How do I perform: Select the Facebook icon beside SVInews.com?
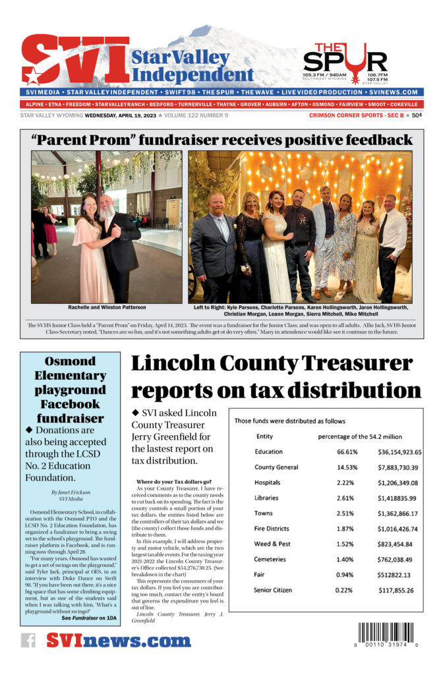point(28,640)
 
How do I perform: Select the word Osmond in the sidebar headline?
point(70,361)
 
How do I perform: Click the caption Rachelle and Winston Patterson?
point(106,307)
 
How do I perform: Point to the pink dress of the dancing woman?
point(95,264)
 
